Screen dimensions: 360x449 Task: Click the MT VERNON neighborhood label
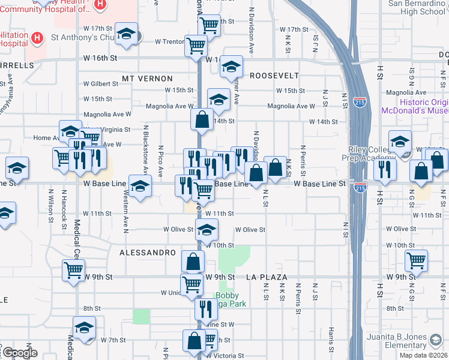tap(147, 79)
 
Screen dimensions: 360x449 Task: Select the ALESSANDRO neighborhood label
tap(148, 253)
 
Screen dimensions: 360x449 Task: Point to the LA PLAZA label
tap(268, 277)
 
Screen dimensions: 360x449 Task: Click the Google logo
tap(19, 353)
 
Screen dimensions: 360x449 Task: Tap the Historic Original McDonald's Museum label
tap(414, 107)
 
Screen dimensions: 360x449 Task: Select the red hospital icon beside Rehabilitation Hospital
tap(37, 39)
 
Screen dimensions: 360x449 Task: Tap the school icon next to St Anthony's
tap(127, 35)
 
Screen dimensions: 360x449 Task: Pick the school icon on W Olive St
tap(206, 230)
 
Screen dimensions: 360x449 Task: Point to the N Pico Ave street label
tap(160, 161)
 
